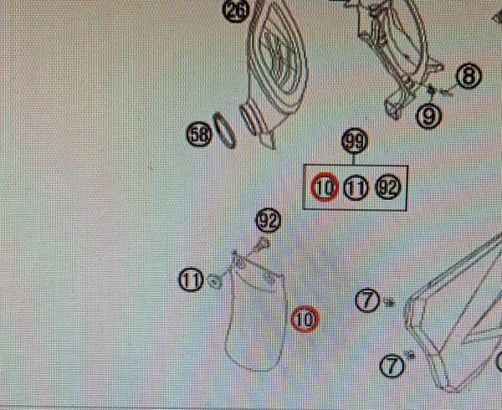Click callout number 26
(236, 10)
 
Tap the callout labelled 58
(199, 134)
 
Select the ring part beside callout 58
(225, 131)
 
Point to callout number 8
(469, 76)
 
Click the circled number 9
(428, 115)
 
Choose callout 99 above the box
(355, 141)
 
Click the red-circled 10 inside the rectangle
(325, 187)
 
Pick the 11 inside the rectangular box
(356, 188)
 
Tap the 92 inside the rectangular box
(388, 187)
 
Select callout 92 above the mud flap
(269, 221)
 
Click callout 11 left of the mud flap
(191, 280)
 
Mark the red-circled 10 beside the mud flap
(305, 319)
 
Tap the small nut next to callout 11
(215, 282)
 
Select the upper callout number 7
(367, 300)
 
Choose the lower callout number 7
(392, 366)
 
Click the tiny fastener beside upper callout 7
(390, 302)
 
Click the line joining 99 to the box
(354, 159)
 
